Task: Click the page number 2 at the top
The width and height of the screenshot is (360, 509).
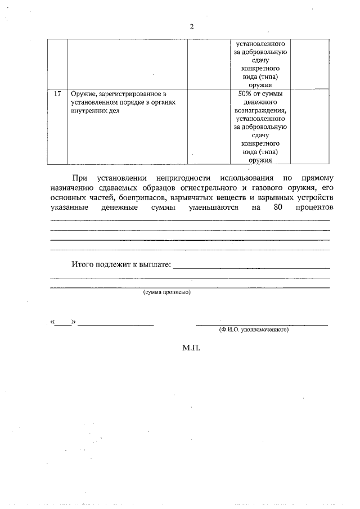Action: [x=191, y=27]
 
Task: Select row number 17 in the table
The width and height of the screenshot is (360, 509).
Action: [x=57, y=93]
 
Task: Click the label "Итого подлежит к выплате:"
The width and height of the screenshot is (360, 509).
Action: [x=120, y=264]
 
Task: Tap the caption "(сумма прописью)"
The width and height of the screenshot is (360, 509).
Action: [x=167, y=292]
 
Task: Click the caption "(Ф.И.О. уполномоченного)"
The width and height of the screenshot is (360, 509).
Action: [x=254, y=330]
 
